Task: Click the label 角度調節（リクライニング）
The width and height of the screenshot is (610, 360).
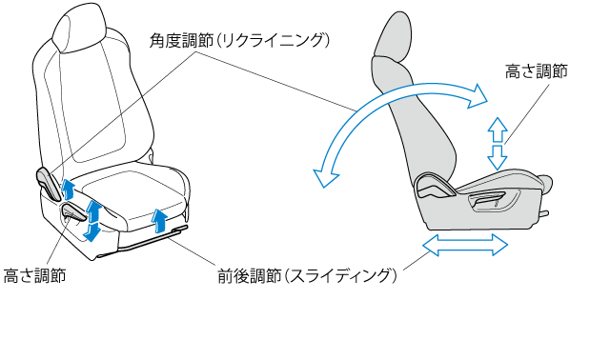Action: click(x=239, y=40)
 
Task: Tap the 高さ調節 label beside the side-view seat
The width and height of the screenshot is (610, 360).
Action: click(x=537, y=71)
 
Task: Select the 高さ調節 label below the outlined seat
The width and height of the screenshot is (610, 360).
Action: click(x=34, y=275)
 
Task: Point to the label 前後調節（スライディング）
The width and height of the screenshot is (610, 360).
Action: click(x=307, y=275)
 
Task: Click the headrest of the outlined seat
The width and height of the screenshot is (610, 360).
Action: click(x=79, y=28)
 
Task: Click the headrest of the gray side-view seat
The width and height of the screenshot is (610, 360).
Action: click(x=393, y=37)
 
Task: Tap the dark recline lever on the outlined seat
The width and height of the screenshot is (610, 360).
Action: click(x=49, y=184)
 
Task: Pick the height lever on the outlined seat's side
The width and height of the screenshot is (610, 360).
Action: click(x=74, y=212)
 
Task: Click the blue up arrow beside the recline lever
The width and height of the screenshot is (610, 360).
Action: click(x=69, y=189)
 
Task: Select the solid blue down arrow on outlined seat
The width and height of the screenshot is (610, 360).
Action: click(x=92, y=232)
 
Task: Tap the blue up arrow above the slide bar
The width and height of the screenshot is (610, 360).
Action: click(x=159, y=220)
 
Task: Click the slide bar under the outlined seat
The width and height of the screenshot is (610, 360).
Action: click(x=152, y=239)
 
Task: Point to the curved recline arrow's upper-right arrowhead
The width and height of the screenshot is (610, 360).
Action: click(x=477, y=95)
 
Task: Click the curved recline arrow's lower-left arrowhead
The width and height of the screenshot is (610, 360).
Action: click(x=325, y=178)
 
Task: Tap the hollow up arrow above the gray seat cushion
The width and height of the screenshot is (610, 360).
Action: click(x=498, y=130)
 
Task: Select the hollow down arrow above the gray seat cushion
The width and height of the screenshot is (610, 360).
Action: click(x=498, y=158)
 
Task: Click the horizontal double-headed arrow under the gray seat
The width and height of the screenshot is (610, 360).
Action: click(x=465, y=245)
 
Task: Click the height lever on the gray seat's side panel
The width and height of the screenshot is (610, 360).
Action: click(x=486, y=201)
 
